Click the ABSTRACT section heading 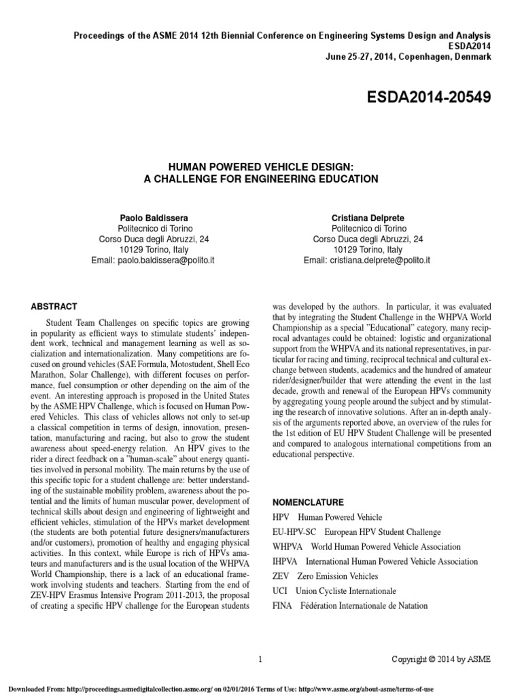pos(54,307)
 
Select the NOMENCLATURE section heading pos(308,502)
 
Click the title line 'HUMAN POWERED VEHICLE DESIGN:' pos(261,165)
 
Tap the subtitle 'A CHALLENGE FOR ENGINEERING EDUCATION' pos(261,179)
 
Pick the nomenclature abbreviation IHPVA pos(285,562)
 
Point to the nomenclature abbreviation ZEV pos(281,576)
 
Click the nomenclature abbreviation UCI pos(279,591)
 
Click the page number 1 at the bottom pos(261,658)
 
